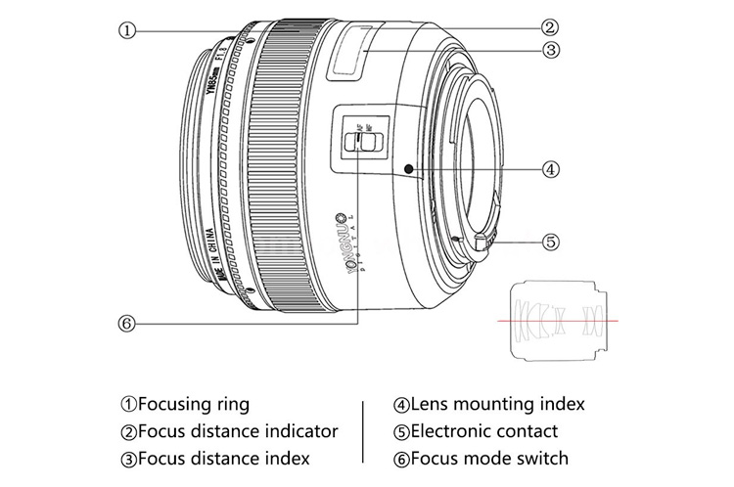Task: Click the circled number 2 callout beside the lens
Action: pyautogui.click(x=551, y=27)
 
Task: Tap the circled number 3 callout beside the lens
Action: pyautogui.click(x=551, y=49)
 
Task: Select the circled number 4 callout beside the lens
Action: pyautogui.click(x=551, y=168)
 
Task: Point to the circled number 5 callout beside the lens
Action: pyautogui.click(x=551, y=241)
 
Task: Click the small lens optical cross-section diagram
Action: pyautogui.click(x=558, y=319)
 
